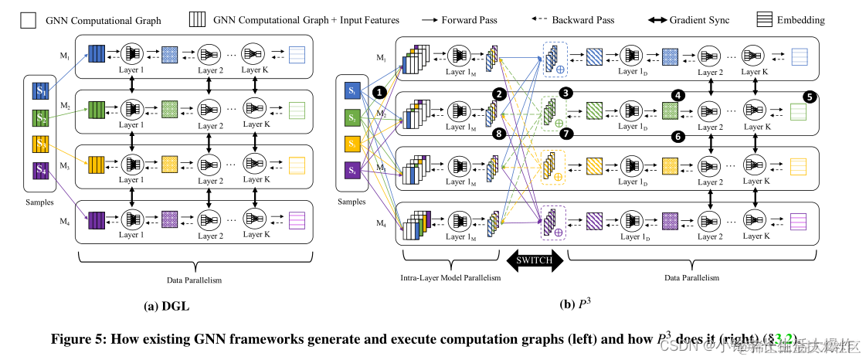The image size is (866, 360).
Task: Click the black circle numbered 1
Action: coord(379,91)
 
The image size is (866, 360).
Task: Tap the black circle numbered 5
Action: coord(809,97)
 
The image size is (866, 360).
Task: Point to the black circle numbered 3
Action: coord(565,92)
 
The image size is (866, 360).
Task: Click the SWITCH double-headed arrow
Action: coord(534,260)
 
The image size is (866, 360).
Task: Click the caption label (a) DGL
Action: coord(167,306)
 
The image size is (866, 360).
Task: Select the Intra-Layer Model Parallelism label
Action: coord(450,277)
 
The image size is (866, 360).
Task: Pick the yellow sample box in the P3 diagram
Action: coord(352,144)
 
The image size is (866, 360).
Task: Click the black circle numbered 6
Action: coord(678,137)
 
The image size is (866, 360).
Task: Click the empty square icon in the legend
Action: coord(28,20)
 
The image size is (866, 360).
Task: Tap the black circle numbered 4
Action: coord(678,95)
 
